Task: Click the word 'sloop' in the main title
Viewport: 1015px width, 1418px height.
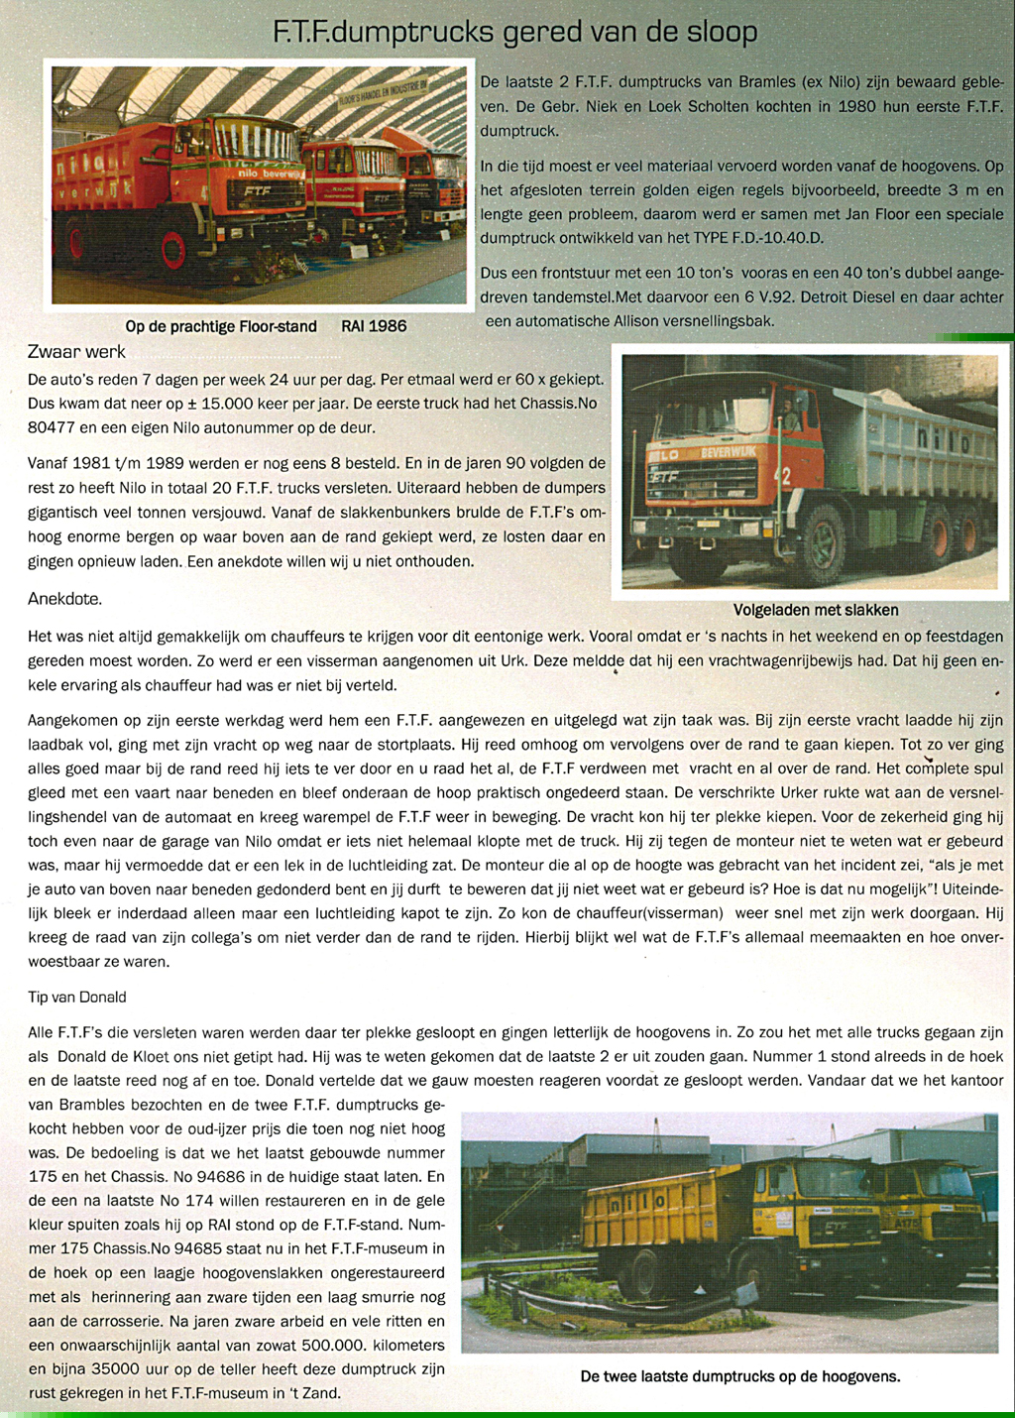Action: [722, 33]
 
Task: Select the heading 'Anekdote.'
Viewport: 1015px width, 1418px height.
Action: [64, 599]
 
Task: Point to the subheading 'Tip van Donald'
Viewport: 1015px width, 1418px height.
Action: [77, 997]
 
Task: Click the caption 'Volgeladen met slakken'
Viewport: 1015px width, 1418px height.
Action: [815, 610]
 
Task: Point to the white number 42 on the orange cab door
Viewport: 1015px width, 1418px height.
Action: [785, 477]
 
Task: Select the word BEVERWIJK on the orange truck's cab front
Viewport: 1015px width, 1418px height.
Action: [729, 452]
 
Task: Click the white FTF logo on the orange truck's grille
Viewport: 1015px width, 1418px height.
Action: [662, 478]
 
